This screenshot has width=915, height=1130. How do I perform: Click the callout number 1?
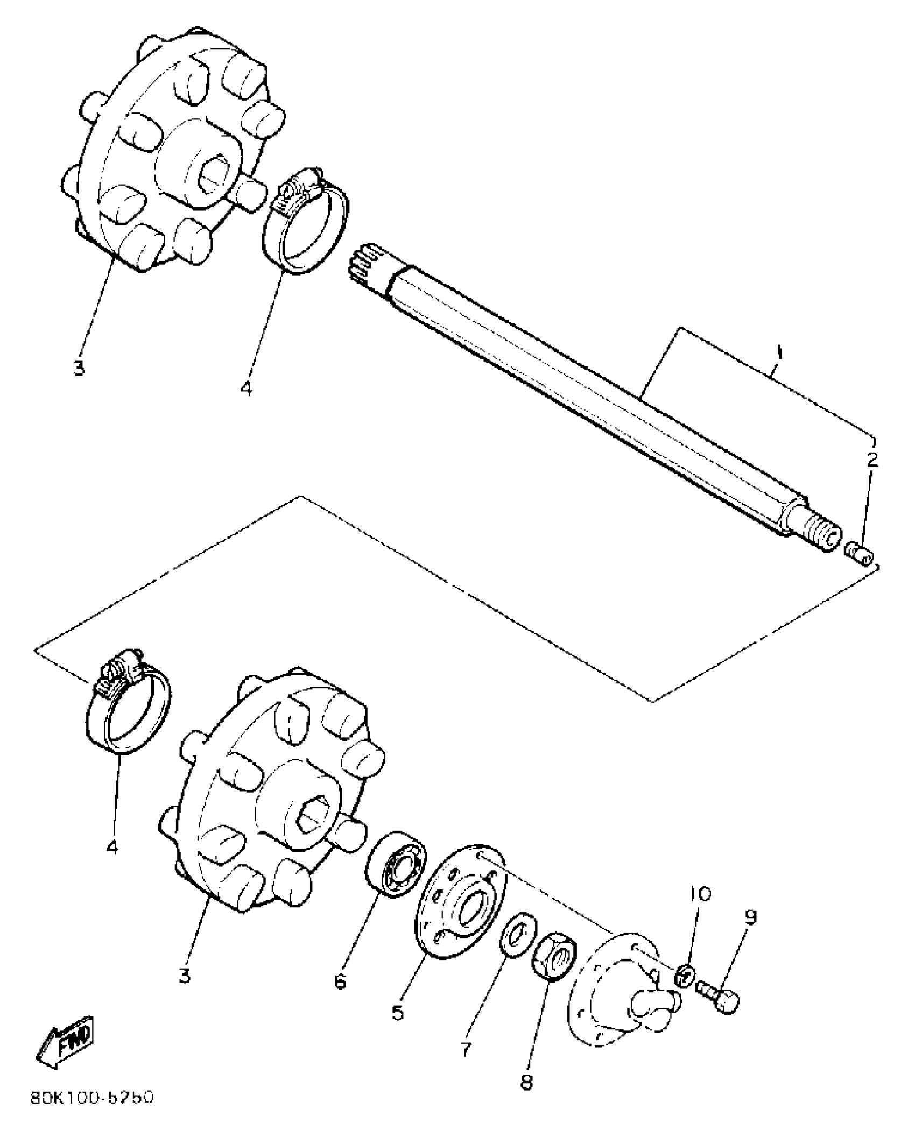pos(778,355)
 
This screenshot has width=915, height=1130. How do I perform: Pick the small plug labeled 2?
pos(860,555)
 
